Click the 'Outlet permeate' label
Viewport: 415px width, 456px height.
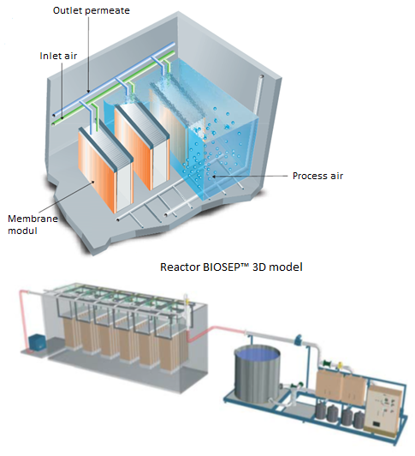[92, 11]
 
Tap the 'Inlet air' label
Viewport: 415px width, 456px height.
[58, 56]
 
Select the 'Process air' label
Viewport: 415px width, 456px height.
[317, 176]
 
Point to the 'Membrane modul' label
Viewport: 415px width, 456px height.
[33, 225]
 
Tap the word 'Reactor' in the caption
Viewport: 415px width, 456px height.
[180, 267]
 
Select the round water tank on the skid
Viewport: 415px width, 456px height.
[258, 374]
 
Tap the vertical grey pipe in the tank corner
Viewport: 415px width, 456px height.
[258, 96]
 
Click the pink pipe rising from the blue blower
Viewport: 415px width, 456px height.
[23, 320]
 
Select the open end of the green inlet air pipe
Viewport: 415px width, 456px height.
[53, 124]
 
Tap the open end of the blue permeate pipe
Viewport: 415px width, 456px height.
[53, 116]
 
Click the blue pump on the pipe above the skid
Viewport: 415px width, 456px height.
[299, 340]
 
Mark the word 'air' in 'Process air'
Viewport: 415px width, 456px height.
[336, 176]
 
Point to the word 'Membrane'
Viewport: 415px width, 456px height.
[33, 219]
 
